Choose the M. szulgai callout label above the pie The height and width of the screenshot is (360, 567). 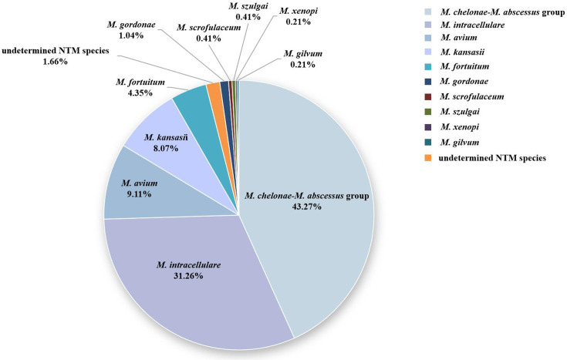[245, 12]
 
